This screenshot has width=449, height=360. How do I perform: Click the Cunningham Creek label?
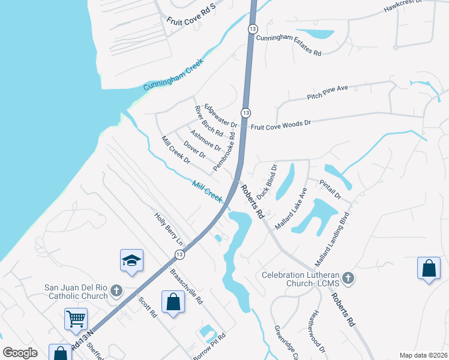[x=173, y=75]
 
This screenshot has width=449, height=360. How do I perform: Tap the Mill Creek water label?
[x=208, y=191]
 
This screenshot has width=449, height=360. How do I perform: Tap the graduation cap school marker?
[x=131, y=261]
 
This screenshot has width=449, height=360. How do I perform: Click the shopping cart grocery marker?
[x=76, y=320]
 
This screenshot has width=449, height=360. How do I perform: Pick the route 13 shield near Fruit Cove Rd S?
[x=253, y=29]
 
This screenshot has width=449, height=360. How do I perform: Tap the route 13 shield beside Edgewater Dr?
[x=246, y=113]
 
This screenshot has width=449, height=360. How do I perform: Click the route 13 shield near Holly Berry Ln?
[x=179, y=255]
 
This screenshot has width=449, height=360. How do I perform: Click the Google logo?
[x=20, y=353]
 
